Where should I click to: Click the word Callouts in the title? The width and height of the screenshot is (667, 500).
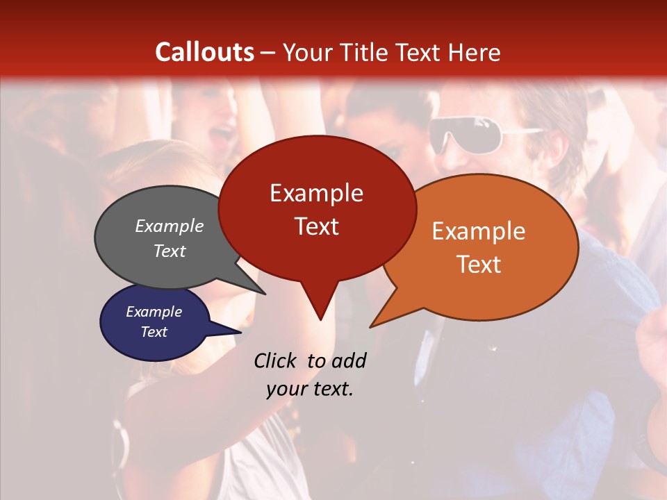tap(204, 52)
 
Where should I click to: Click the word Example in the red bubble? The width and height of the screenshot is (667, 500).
tap(317, 193)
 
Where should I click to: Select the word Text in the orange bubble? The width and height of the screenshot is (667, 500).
tap(479, 265)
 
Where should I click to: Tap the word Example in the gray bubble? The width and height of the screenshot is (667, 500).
tap(170, 226)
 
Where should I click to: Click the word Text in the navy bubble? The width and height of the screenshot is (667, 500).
tap(154, 332)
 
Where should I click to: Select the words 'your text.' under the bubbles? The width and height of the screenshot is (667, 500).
tap(310, 389)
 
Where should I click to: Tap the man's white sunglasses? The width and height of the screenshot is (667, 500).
tap(466, 134)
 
